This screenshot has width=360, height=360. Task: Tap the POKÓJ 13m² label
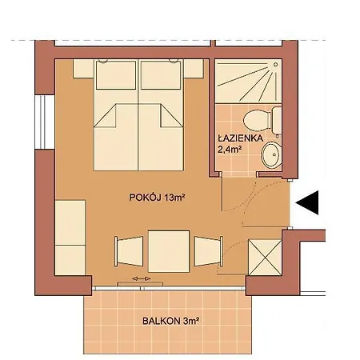pyautogui.click(x=151, y=197)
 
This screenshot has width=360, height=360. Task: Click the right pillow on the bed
pyautogui.click(x=164, y=78)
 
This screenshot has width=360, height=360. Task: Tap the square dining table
pyautogui.click(x=170, y=249)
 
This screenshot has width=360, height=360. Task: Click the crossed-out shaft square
pyautogui.click(x=264, y=257)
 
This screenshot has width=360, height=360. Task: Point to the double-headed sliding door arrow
pyautogui.click(x=141, y=278)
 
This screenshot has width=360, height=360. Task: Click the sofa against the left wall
pyautogui.click(x=70, y=236)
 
